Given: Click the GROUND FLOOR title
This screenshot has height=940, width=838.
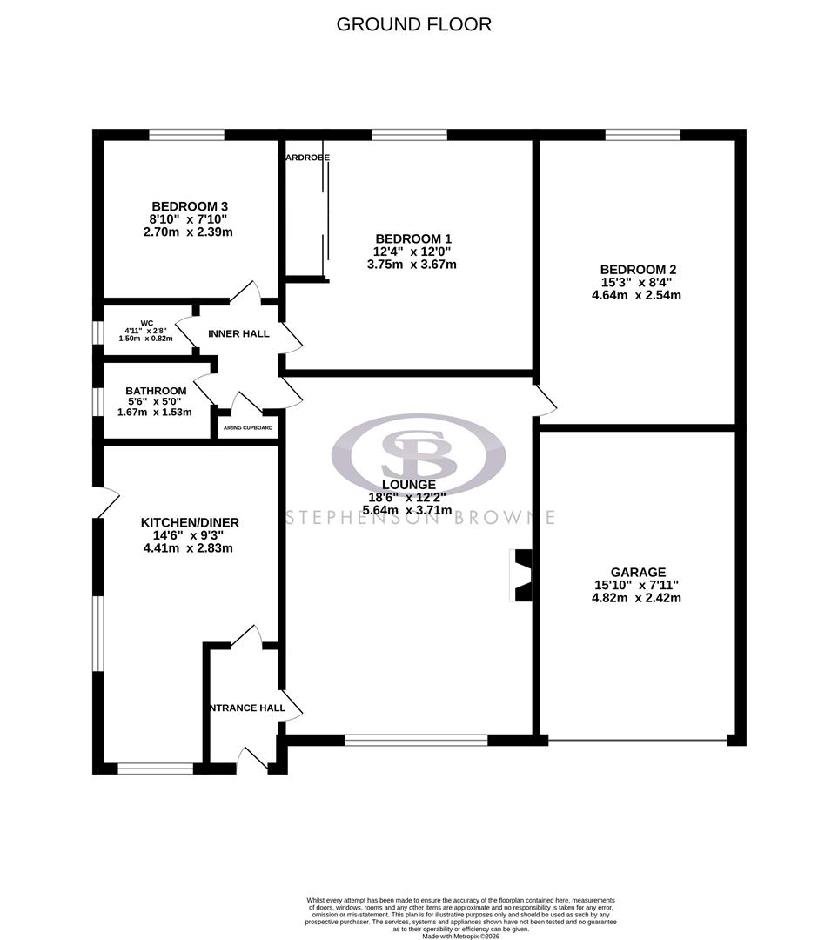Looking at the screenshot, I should coord(413,24).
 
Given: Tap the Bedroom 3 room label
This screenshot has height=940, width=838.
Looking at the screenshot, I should coord(188,206).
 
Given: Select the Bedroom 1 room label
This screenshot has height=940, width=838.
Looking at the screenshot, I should coord(412,238).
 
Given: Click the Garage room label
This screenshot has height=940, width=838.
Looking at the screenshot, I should coord(637,572).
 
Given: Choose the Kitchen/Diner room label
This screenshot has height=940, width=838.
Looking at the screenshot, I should coord(190,522).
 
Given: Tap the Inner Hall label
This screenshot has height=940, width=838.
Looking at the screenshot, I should coord(238,333).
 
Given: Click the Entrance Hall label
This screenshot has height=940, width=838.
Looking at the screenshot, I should coord(247,708).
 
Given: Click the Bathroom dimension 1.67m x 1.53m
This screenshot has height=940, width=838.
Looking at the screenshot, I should coord(155,412).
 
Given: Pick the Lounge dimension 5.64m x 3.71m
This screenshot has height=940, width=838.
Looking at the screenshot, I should coord(409,510).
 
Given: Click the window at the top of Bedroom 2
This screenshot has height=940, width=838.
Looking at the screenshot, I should coord(642,134).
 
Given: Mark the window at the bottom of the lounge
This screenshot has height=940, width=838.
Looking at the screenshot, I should coord(416,740).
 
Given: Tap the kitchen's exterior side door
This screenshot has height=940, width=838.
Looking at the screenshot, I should coord(104,502).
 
